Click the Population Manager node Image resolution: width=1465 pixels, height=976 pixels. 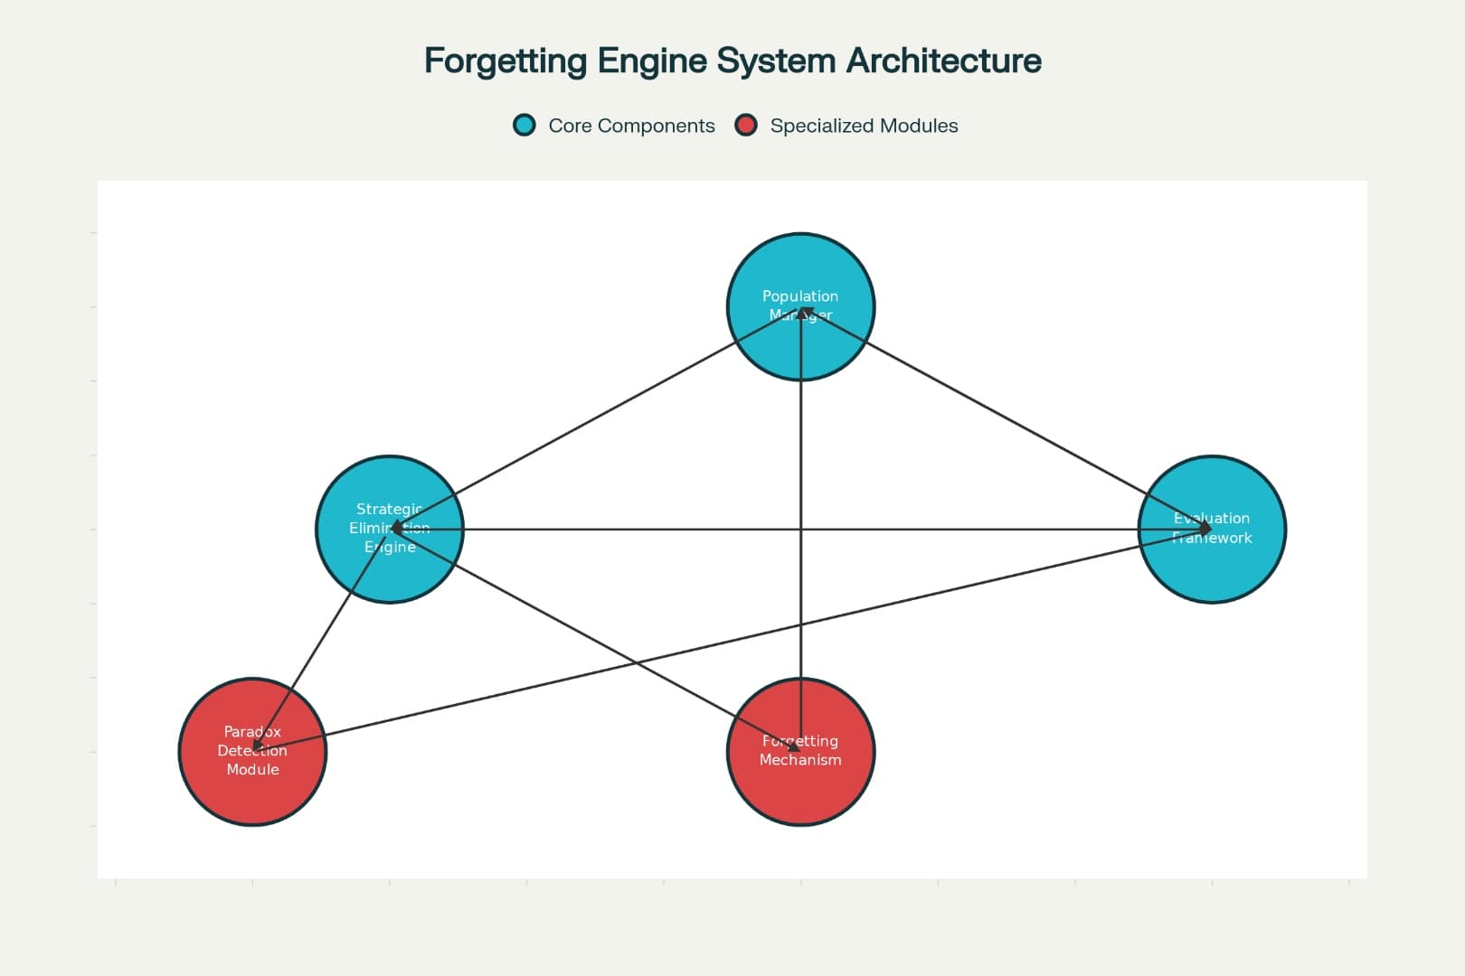pos(800,271)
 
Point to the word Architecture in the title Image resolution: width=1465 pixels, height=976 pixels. pos(943,61)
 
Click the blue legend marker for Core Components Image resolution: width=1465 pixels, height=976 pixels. pos(525,126)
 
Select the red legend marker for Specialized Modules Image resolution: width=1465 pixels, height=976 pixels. pos(746,126)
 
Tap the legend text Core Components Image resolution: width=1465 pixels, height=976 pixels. pos(631,127)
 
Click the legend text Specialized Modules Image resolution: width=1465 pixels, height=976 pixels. pos(864,127)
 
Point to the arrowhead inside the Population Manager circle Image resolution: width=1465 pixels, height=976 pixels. pos(801,312)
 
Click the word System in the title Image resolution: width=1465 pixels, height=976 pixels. pos(777,61)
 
